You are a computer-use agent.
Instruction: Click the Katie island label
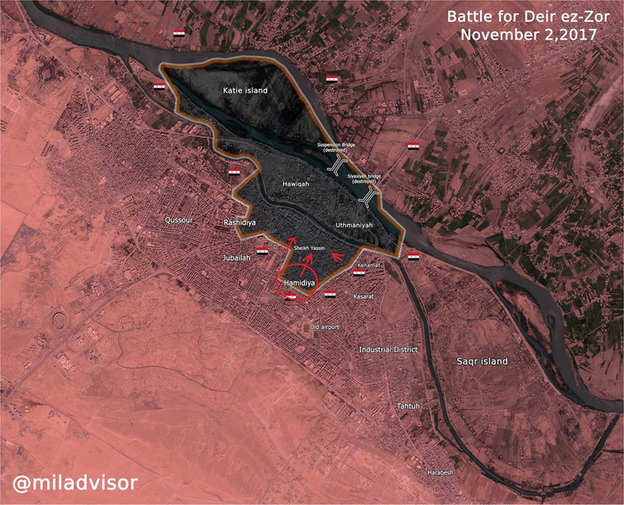pyautogui.click(x=245, y=91)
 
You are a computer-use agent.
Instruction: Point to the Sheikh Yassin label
pyautogui.click(x=309, y=248)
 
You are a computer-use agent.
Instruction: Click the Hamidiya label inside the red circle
pyautogui.click(x=298, y=283)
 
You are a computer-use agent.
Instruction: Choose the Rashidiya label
pyautogui.click(x=238, y=222)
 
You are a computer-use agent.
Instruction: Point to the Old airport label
pyautogui.click(x=324, y=327)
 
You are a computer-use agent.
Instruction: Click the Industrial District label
pyautogui.click(x=389, y=350)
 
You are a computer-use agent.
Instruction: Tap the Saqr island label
pyautogui.click(x=482, y=361)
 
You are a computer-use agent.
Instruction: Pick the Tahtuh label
pyautogui.click(x=408, y=406)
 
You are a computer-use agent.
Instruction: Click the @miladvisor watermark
pyautogui.click(x=75, y=482)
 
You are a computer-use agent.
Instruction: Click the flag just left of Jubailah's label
pyautogui.click(x=262, y=251)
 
